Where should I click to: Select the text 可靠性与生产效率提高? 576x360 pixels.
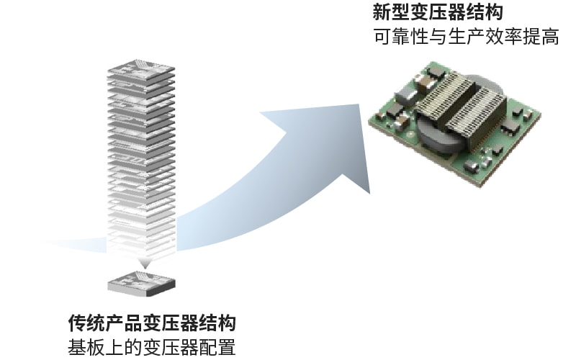click(466, 37)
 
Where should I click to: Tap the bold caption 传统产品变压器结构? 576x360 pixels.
click(152, 323)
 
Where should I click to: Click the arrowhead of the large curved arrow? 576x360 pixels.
click(346, 140)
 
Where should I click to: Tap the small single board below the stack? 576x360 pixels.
click(141, 281)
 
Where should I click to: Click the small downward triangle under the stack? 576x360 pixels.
click(142, 263)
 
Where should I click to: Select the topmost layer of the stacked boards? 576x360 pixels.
click(141, 70)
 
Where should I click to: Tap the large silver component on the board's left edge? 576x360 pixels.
click(405, 94)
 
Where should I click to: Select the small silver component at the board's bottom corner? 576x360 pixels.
click(472, 167)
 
